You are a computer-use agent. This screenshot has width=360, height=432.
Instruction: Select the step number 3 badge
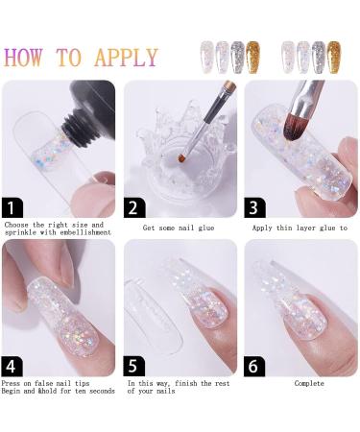pyautogui.click(x=255, y=207)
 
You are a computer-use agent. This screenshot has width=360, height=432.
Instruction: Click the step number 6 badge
pyautogui.click(x=255, y=365)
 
